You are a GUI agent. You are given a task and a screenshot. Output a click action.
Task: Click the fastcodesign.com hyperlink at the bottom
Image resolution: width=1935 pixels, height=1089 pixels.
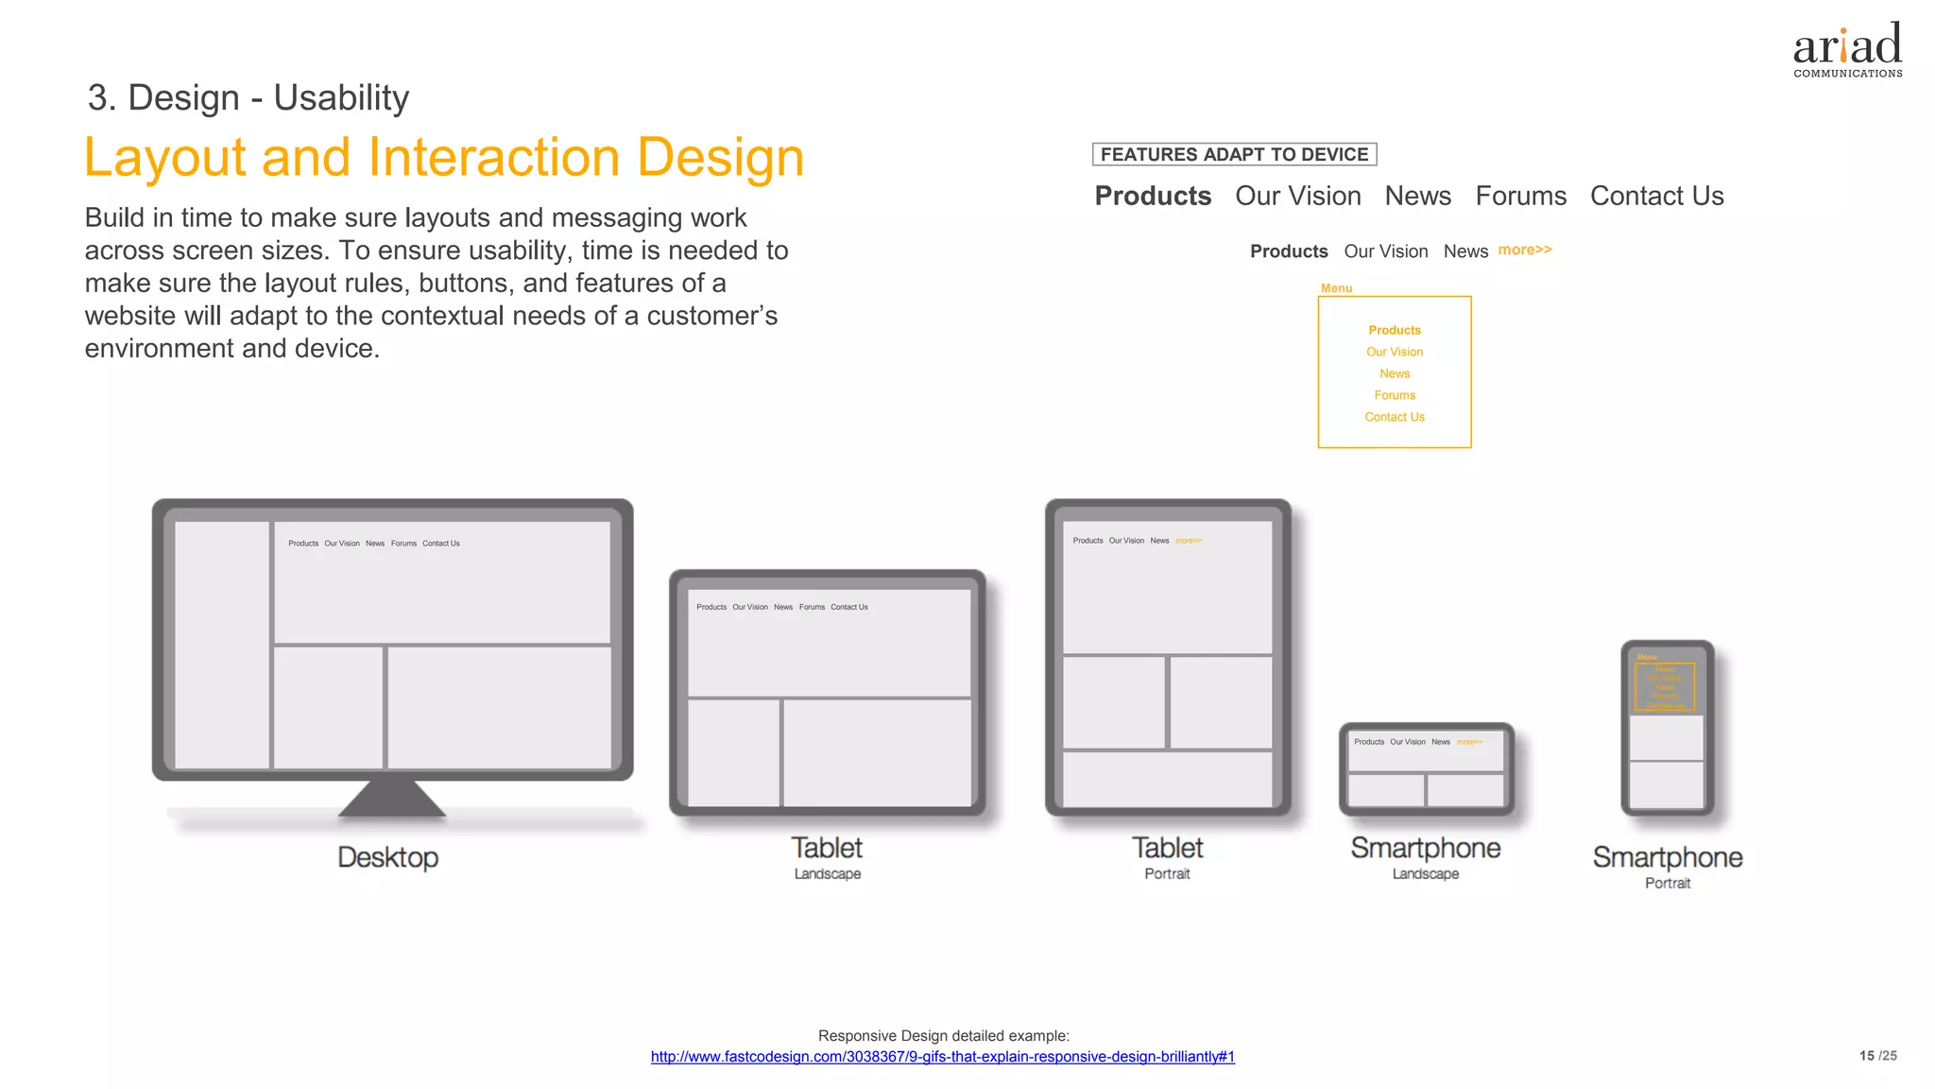tap(942, 1057)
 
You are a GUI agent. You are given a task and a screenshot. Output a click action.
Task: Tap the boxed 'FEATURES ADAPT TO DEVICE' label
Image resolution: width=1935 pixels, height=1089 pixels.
tap(1234, 154)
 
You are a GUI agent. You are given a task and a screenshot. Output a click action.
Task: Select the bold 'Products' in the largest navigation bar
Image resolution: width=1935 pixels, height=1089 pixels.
tap(1153, 196)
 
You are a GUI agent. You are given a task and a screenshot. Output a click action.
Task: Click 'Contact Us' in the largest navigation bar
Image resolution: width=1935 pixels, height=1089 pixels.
tap(1656, 196)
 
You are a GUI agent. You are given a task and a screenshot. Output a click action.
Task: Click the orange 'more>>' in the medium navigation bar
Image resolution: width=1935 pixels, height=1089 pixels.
tap(1524, 250)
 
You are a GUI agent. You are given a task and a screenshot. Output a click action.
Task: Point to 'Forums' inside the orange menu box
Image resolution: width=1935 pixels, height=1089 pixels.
tap(1395, 395)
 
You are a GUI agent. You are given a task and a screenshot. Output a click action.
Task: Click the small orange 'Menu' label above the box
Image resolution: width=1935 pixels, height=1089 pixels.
tap(1336, 288)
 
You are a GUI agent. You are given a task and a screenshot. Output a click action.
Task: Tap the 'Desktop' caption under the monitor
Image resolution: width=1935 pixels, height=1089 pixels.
tap(387, 857)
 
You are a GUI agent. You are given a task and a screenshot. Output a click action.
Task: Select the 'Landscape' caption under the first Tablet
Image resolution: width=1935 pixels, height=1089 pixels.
tap(827, 874)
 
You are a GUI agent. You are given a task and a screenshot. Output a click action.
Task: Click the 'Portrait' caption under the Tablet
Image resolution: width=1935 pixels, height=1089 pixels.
tap(1167, 874)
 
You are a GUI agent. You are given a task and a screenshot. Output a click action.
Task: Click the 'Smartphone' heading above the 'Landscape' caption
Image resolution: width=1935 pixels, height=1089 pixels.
tap(1425, 848)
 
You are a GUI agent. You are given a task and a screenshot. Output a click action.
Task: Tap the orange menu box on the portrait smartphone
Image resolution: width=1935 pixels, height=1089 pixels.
tap(1665, 686)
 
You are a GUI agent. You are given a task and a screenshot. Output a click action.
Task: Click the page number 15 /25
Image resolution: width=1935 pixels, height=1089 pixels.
tap(1877, 1056)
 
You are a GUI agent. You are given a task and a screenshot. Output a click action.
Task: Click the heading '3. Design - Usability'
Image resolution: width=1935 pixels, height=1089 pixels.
tap(248, 97)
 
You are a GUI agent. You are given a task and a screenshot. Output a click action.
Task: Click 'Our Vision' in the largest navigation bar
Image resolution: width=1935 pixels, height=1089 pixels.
tap(1297, 196)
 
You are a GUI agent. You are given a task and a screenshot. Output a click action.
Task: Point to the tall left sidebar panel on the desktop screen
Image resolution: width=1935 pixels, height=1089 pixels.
tap(222, 645)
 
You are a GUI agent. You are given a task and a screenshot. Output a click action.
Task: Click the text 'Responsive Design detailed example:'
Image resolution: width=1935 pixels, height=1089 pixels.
tap(943, 1036)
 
